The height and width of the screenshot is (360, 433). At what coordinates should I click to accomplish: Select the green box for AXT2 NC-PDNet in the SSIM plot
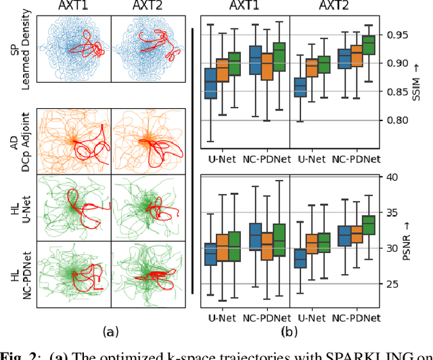(x=368, y=45)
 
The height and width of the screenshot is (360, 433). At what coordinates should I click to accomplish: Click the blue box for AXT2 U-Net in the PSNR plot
(x=300, y=258)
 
